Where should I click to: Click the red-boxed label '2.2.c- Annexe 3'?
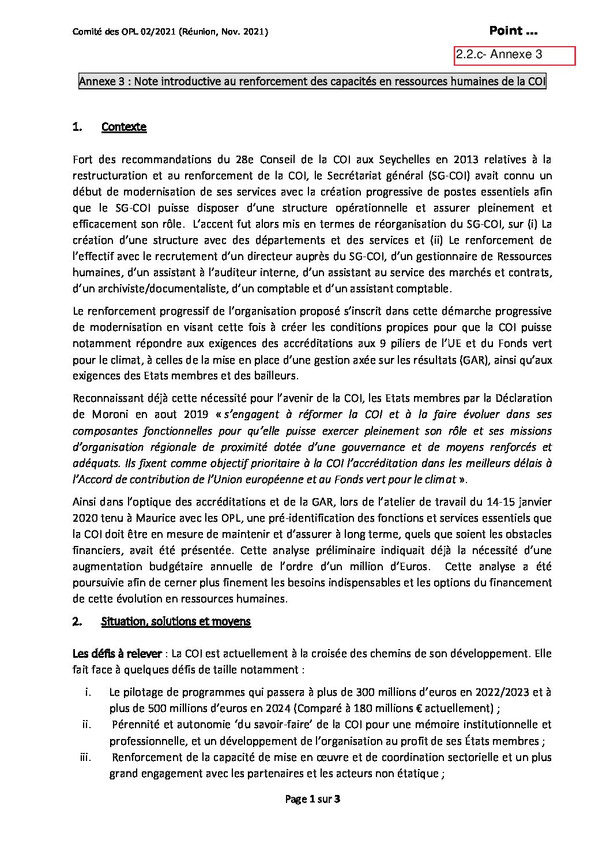click(x=499, y=55)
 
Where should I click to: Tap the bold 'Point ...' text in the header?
click(x=514, y=31)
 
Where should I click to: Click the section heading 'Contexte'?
click(x=123, y=127)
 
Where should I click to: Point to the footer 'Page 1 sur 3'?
click(x=313, y=799)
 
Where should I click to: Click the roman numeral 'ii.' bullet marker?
click(x=87, y=725)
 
